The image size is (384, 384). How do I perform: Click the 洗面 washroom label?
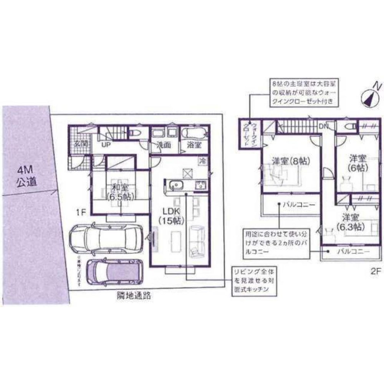click(163, 145)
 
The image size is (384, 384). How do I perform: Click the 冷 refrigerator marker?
click(202, 161)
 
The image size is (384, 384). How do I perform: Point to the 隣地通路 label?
click(133, 296)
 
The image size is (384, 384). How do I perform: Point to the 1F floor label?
click(80, 210)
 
